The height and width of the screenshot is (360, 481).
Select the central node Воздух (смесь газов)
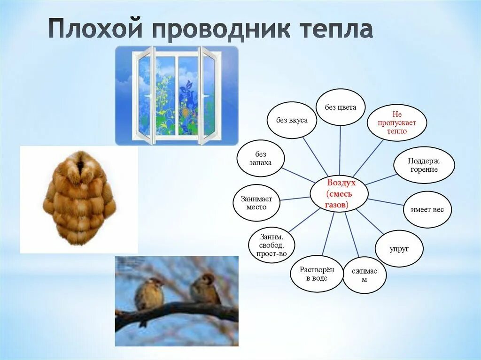[339, 194]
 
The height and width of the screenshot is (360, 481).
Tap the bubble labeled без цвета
[341, 107]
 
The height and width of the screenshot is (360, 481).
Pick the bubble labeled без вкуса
[292, 120]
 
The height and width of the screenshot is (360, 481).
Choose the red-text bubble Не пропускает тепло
[397, 123]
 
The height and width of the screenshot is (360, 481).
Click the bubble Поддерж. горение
[424, 165]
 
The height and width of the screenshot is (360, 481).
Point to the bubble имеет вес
[427, 210]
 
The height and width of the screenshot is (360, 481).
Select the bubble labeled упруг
[399, 249]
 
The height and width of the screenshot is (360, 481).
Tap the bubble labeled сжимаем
[365, 276]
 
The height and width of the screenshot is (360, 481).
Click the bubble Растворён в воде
[317, 274]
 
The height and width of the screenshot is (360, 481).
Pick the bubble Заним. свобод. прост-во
[271, 245]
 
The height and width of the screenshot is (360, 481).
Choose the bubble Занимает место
[256, 203]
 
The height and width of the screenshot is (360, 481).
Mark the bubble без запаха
[260, 158]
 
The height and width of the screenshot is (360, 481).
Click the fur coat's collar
[81, 166]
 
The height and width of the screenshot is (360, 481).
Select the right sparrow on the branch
[205, 289]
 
